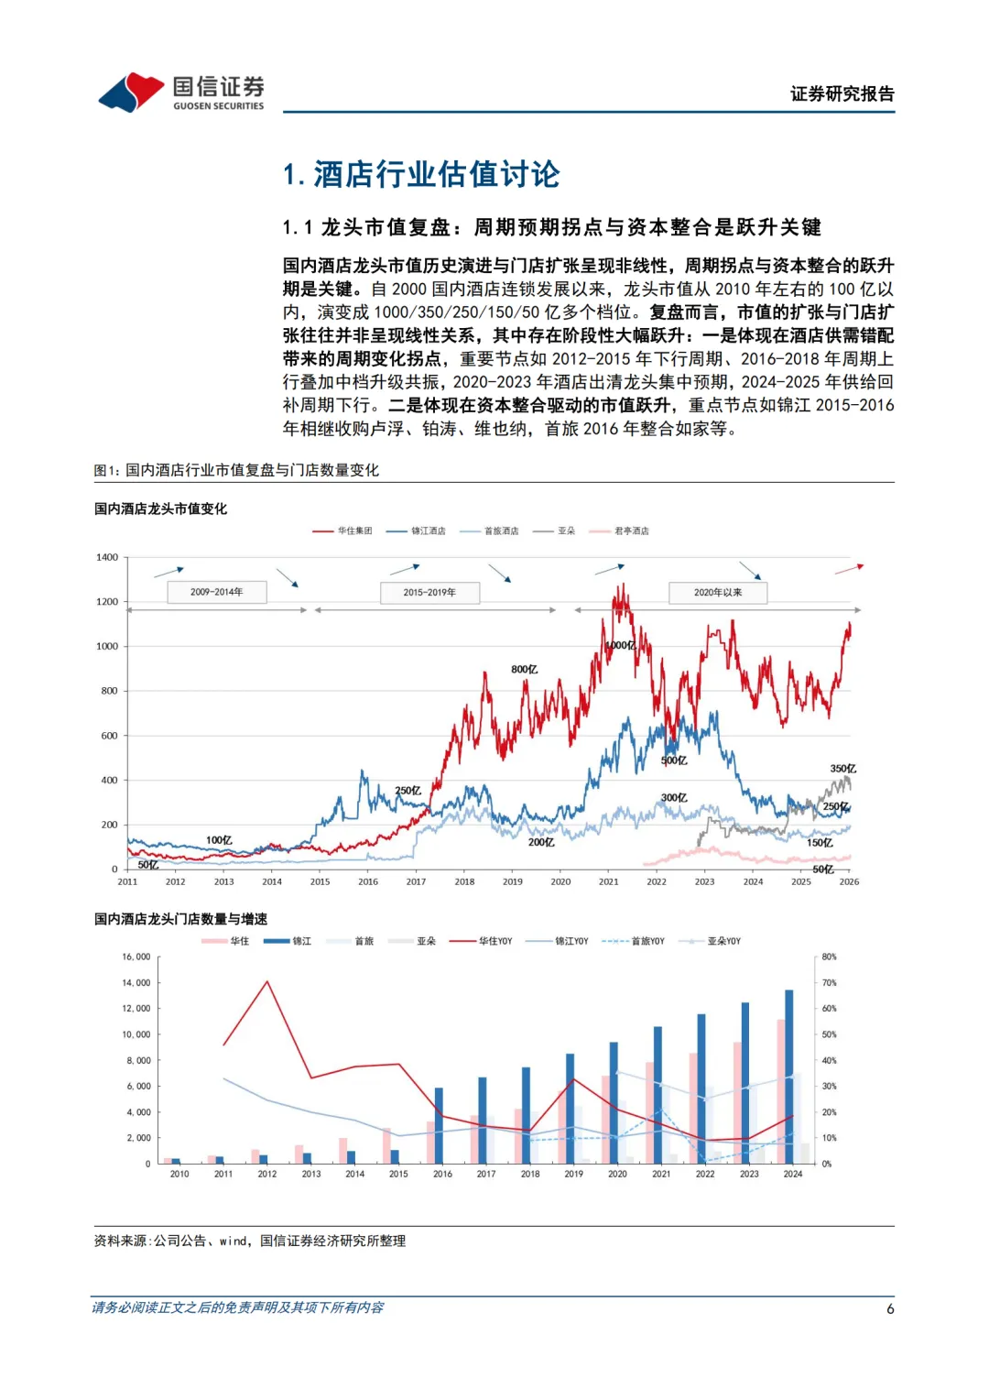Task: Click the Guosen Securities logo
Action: pyautogui.click(x=181, y=93)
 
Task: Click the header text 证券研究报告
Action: pyautogui.click(x=842, y=93)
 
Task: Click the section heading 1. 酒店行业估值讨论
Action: pyautogui.click(x=421, y=174)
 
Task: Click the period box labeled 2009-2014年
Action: pyautogui.click(x=217, y=592)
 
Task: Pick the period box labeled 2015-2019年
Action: pyautogui.click(x=429, y=592)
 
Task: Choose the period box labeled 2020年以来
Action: pyautogui.click(x=718, y=592)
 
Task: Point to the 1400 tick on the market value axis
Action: pyautogui.click(x=107, y=557)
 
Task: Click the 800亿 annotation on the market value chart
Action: pyautogui.click(x=524, y=670)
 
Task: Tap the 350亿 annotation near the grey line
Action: pyautogui.click(x=842, y=769)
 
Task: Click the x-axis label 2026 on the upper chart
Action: pyautogui.click(x=849, y=881)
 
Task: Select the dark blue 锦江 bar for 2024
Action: pyautogui.click(x=789, y=1077)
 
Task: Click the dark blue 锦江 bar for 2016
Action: pyautogui.click(x=439, y=1125)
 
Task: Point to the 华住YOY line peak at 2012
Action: pyautogui.click(x=267, y=982)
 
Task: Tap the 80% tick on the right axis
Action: pyautogui.click(x=829, y=957)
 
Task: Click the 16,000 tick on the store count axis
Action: pyautogui.click(x=136, y=957)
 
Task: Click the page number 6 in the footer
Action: pyautogui.click(x=890, y=1308)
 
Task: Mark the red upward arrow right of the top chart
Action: pyautogui.click(x=849, y=569)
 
